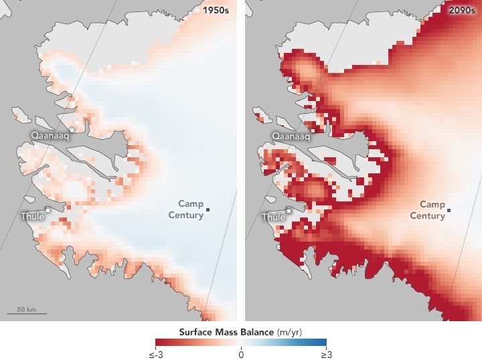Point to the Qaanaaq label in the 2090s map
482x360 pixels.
click(291, 135)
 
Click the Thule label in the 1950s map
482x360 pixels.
click(33, 216)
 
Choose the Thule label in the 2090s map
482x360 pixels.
click(273, 217)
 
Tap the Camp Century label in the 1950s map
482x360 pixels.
click(190, 209)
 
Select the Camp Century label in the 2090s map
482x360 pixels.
click(432, 209)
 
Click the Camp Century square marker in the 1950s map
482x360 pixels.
click(208, 210)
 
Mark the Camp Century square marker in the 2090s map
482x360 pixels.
click(449, 210)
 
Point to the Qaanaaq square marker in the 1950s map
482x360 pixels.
click(72, 130)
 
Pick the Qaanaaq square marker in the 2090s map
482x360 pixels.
click(313, 130)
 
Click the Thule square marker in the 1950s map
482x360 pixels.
click(48, 210)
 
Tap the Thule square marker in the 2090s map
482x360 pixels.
click(289, 210)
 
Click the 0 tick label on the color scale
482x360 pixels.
click(241, 354)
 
